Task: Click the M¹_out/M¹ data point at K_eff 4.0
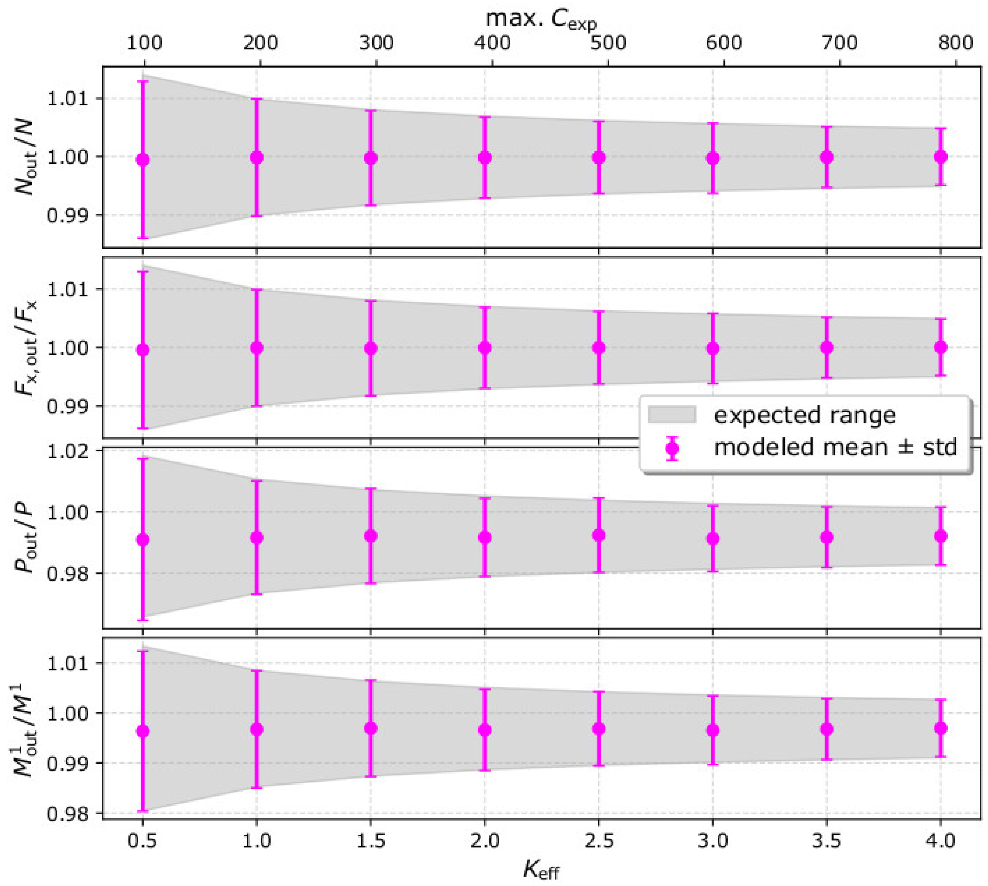pos(941,728)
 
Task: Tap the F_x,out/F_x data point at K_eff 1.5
pos(371,348)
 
